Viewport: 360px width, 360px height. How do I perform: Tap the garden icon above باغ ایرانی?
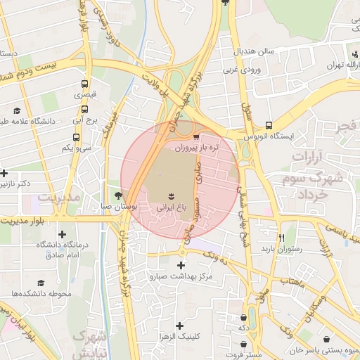[x=170, y=194]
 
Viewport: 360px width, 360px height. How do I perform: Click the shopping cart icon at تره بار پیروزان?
[x=195, y=136]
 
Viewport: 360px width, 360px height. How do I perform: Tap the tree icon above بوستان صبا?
[x=117, y=195]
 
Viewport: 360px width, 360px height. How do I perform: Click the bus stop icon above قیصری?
[x=85, y=83]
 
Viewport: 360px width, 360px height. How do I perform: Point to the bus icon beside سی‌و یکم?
[x=76, y=136]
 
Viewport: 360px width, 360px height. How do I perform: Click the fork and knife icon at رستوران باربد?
[x=282, y=237]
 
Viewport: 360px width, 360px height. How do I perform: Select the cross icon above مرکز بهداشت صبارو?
[x=182, y=265]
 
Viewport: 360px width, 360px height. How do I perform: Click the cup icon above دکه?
[x=243, y=316]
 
